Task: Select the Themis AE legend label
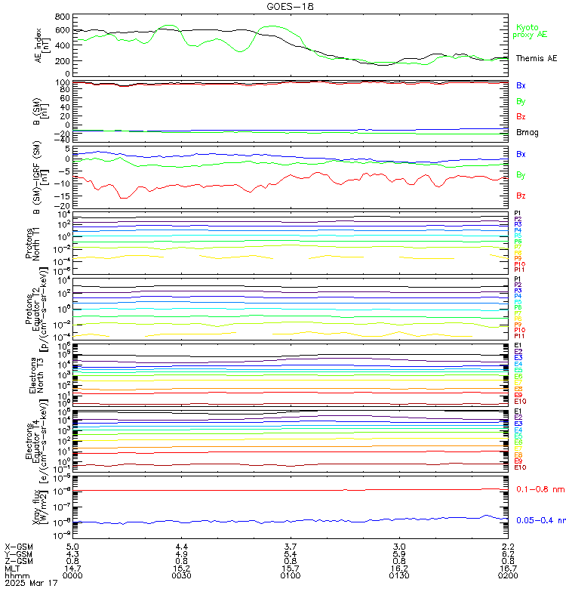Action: click(x=536, y=58)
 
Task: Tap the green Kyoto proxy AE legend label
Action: click(x=530, y=31)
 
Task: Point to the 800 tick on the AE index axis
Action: click(x=63, y=17)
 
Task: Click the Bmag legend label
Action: click(x=526, y=133)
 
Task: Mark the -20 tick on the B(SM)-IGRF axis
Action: click(x=63, y=206)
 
